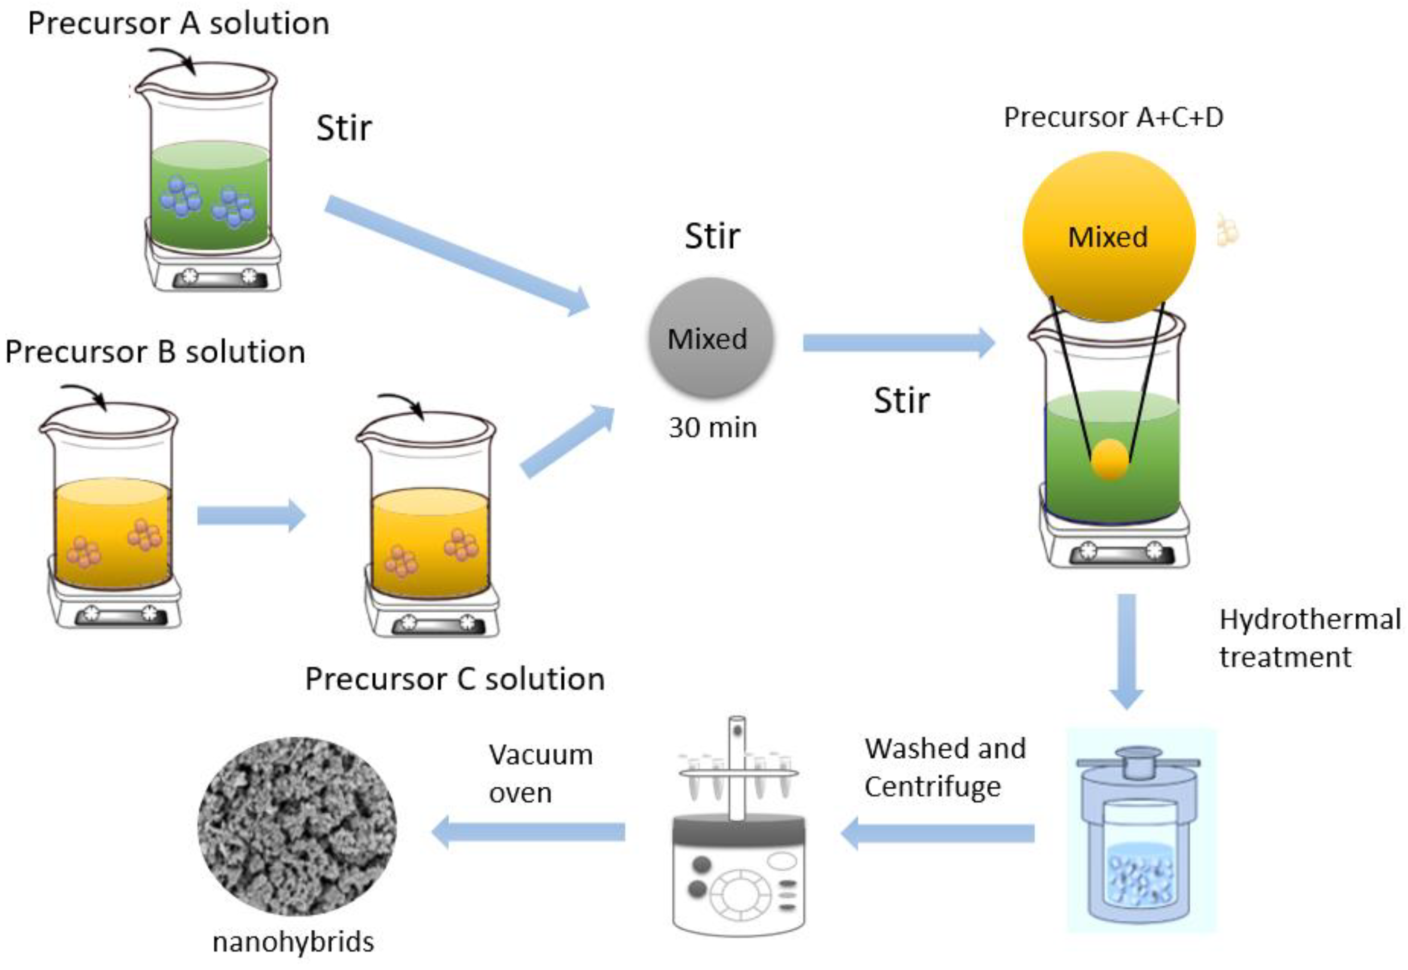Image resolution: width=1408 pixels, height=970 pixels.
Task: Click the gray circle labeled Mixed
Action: pos(710,338)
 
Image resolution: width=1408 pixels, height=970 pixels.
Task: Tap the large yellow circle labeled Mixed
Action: pos(1108,237)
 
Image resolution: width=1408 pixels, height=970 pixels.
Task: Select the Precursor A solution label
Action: pos(179,24)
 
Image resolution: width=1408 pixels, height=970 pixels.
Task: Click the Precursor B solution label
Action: pos(155,352)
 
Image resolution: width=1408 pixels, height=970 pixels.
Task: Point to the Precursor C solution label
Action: pos(455,679)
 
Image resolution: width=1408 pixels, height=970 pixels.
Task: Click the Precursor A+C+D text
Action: pos(1113,117)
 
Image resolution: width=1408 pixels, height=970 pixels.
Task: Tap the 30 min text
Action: pos(712,428)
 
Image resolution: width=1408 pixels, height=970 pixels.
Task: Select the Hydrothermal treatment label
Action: pos(1310,638)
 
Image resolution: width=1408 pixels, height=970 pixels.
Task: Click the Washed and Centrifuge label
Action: pos(945,767)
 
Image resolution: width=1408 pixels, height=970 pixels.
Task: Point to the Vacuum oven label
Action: pos(540,773)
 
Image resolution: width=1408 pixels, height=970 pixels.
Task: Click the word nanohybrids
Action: pos(293,942)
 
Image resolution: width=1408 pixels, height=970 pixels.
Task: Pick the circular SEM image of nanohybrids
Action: pos(296,826)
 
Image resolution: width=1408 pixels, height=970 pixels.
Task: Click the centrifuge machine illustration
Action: pos(738,851)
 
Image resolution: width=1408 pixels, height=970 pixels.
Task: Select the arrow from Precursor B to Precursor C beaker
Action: pos(250,516)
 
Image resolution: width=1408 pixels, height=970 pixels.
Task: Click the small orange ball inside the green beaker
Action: pos(1110,459)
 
